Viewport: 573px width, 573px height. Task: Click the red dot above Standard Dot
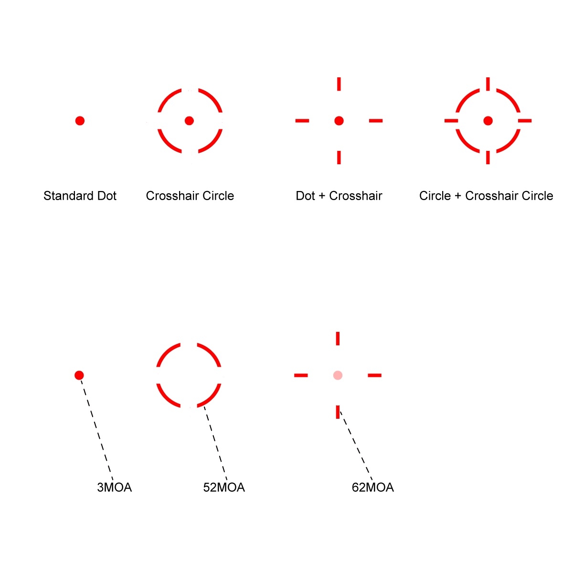tap(80, 121)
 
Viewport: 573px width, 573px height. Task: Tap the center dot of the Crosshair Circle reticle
tap(189, 120)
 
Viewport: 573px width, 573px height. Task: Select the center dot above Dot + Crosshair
tap(339, 121)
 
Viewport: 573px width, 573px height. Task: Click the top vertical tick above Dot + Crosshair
tap(339, 84)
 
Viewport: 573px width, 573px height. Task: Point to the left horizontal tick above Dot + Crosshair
tap(302, 121)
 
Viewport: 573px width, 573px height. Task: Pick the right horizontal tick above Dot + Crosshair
tap(376, 121)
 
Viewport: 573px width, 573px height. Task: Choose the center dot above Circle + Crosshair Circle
tap(488, 121)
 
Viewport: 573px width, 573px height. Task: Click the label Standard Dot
tap(80, 196)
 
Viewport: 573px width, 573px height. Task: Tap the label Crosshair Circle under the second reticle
tap(190, 196)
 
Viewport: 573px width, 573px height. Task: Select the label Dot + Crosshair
tap(339, 196)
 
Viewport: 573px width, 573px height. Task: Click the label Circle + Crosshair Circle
tap(486, 196)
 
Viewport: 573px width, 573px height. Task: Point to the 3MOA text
tap(114, 488)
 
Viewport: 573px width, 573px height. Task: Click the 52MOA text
tap(224, 488)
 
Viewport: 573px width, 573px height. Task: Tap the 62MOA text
tap(373, 488)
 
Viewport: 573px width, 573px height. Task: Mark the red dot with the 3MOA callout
tap(79, 375)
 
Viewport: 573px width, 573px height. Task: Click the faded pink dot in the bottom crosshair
tap(338, 375)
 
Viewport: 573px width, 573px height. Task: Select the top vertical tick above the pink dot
tap(338, 338)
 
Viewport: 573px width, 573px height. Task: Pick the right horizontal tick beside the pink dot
tap(375, 375)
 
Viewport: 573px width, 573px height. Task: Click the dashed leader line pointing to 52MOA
tap(215, 442)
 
